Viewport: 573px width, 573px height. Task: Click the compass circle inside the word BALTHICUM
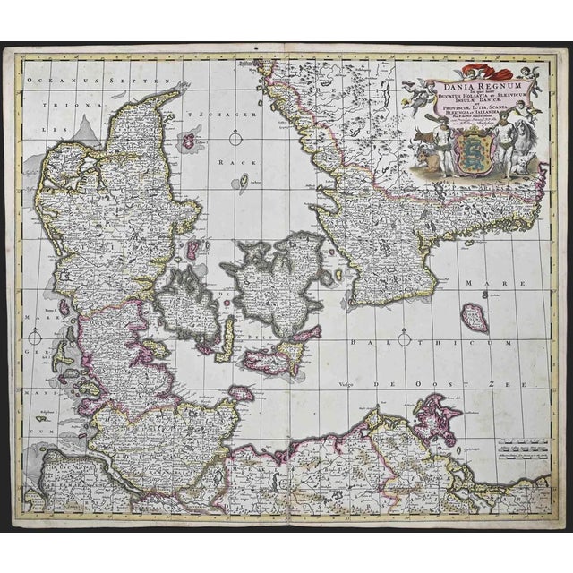coord(404,339)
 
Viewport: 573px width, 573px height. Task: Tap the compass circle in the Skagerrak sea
coord(235,138)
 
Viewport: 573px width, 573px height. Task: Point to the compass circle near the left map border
coord(34,338)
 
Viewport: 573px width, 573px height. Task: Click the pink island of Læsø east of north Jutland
coord(189,140)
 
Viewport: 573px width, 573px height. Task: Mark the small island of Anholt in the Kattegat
coord(243,182)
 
